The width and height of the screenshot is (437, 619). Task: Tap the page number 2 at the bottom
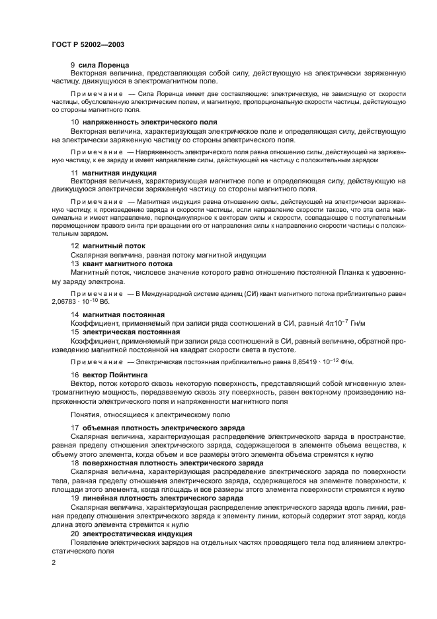click(54, 561)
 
